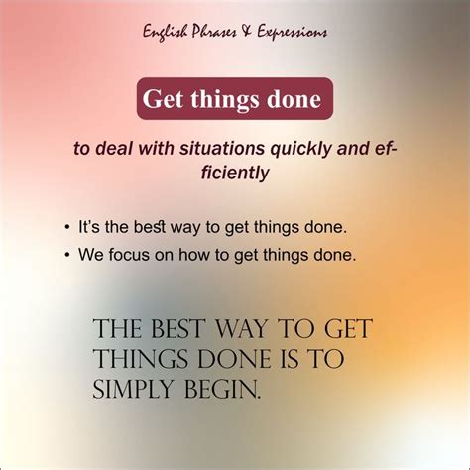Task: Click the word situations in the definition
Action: [219, 150]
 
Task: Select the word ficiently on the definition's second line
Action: [235, 173]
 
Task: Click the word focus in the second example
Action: [147, 254]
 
